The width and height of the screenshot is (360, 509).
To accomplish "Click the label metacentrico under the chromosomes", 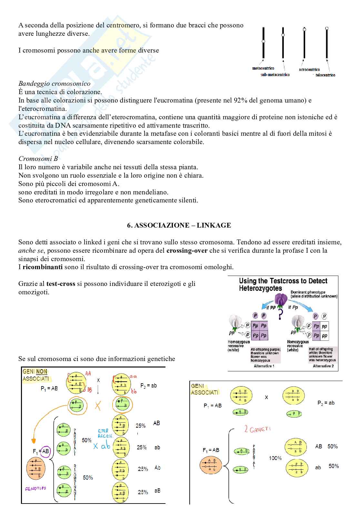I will coord(263,68).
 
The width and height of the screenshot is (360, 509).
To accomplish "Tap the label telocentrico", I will coord(325,75).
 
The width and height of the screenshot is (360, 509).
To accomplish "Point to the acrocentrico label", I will coord(309,70).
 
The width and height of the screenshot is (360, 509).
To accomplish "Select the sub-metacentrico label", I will coord(275,75).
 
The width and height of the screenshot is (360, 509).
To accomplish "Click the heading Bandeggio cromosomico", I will coord(54,83).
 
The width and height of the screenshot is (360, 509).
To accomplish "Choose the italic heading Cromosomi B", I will coord(38,159).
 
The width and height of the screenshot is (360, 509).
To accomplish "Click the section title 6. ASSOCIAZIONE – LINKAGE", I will coord(179,225).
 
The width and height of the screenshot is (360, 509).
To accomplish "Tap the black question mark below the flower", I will coord(280,314).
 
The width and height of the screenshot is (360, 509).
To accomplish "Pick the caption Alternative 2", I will coord(323,366).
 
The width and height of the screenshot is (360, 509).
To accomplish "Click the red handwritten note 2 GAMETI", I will coord(257,429).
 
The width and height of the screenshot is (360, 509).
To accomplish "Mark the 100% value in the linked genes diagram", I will coord(275,458).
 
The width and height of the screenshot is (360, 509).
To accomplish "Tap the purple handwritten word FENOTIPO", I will coord(35,488).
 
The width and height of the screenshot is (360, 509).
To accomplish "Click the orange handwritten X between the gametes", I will coord(98,406).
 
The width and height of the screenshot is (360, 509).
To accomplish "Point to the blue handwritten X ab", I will coord(102,446).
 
